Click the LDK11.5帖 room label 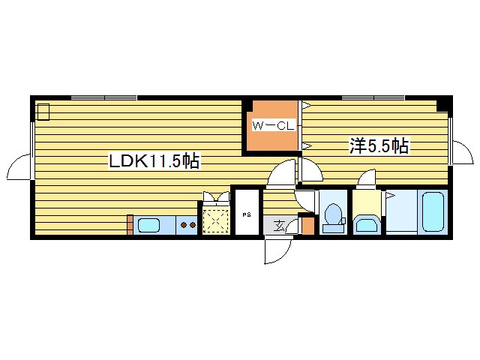click(x=154, y=160)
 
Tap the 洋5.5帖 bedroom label click(x=379, y=145)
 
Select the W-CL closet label click(x=273, y=126)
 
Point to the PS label click(x=247, y=215)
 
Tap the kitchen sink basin click(x=148, y=226)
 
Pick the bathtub click(x=433, y=211)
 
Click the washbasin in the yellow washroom click(x=367, y=224)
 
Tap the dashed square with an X click(x=216, y=220)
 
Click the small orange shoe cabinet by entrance click(x=308, y=226)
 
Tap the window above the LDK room click(x=104, y=98)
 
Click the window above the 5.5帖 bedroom click(x=373, y=98)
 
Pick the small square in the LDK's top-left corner click(x=43, y=112)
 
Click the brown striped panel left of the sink click(x=130, y=225)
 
